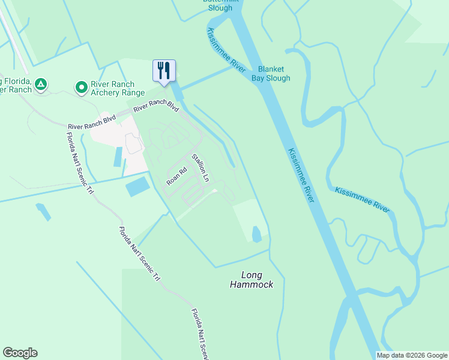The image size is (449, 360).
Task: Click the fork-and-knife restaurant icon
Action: [x=164, y=71]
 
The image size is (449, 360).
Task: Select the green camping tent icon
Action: [x=40, y=85]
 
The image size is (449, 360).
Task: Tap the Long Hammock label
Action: [x=252, y=280]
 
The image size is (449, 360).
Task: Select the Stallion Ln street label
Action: [x=200, y=168]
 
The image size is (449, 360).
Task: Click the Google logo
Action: [x=20, y=353]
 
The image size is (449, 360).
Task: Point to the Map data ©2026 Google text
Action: [x=412, y=355]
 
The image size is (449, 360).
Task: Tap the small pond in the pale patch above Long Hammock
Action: [x=257, y=234]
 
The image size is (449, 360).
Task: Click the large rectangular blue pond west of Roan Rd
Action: [x=138, y=187]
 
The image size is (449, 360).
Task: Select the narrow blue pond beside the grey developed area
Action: [x=118, y=157]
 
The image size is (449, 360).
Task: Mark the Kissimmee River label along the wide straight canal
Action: [x=301, y=175]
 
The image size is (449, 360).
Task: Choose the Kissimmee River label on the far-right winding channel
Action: [x=363, y=199]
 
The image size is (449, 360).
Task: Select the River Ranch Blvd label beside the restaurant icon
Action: [x=157, y=106]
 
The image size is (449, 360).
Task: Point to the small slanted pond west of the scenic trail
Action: [x=43, y=211]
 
